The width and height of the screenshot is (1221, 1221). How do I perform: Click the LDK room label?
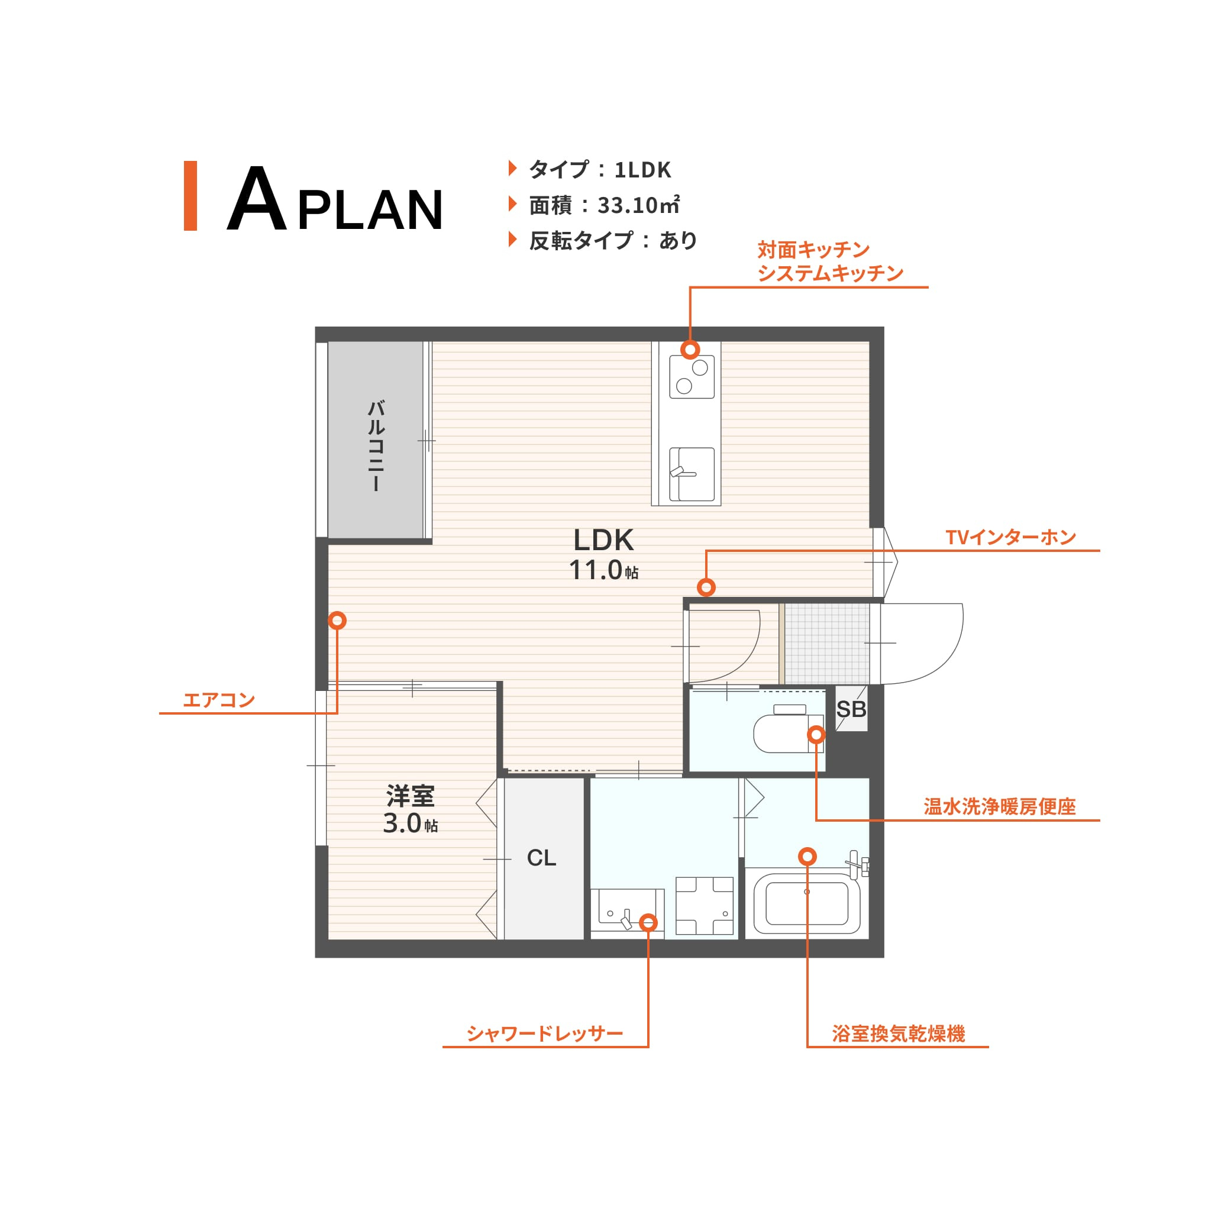pyautogui.click(x=603, y=540)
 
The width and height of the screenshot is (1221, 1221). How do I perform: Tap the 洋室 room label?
pyautogui.click(x=410, y=796)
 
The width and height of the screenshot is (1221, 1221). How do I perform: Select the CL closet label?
pyautogui.click(x=542, y=858)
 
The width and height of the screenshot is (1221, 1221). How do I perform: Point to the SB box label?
pyautogui.click(x=851, y=710)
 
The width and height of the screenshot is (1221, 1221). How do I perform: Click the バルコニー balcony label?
pyautogui.click(x=376, y=445)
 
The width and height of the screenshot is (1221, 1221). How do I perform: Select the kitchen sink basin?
pyautogui.click(x=692, y=474)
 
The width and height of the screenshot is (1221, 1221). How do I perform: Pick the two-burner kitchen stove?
pyautogui.click(x=692, y=377)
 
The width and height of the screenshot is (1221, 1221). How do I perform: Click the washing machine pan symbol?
pyautogui.click(x=705, y=906)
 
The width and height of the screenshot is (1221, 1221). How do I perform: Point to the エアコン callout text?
pyautogui.click(x=219, y=700)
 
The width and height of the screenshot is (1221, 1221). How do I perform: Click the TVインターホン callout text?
pyautogui.click(x=1010, y=537)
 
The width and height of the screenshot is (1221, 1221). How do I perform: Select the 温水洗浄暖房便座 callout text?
pyautogui.click(x=999, y=807)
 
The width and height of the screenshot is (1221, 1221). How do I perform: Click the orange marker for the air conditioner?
pyautogui.click(x=337, y=621)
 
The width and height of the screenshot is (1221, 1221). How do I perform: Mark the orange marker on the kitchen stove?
pyautogui.click(x=690, y=350)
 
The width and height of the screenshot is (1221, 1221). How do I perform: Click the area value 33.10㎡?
pyautogui.click(x=638, y=205)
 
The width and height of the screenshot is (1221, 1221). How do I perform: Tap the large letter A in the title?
pyautogui.click(x=257, y=199)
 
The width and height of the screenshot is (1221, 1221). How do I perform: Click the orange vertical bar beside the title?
pyautogui.click(x=190, y=196)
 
